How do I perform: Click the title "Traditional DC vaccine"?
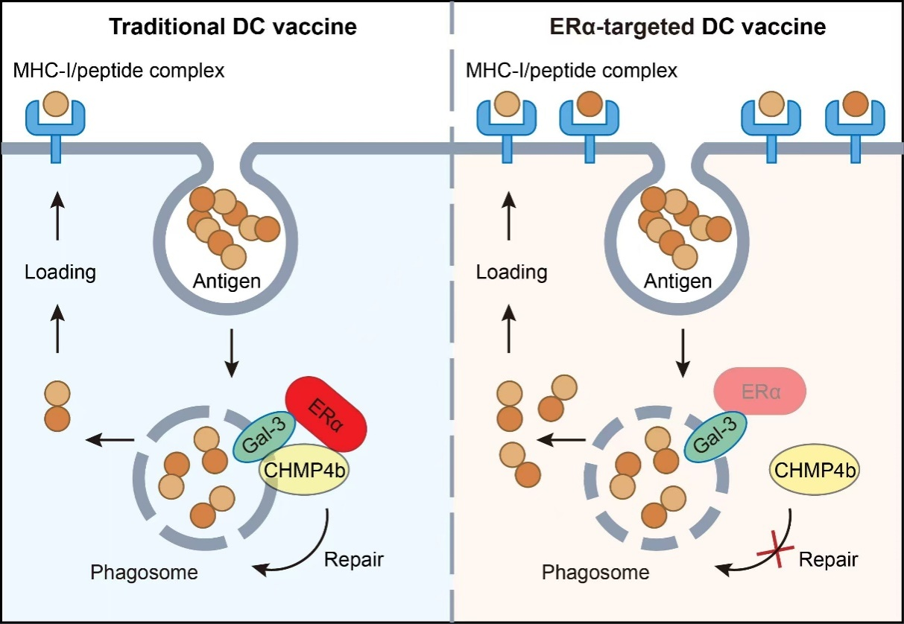pyautogui.click(x=233, y=27)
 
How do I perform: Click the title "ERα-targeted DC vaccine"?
pyautogui.click(x=688, y=27)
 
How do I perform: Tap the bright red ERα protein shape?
pyautogui.click(x=326, y=414)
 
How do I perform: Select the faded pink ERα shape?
pyautogui.click(x=760, y=391)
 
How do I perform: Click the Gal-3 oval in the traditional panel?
pyautogui.click(x=265, y=436)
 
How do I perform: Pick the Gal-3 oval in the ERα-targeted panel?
pyautogui.click(x=715, y=436)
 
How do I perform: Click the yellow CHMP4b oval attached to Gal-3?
pyautogui.click(x=304, y=470)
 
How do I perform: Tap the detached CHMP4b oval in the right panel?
pyautogui.click(x=815, y=470)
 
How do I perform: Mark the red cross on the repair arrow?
pyautogui.click(x=775, y=550)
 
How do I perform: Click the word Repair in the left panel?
pyautogui.click(x=353, y=559)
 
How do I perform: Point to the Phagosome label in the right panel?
pyautogui.click(x=595, y=573)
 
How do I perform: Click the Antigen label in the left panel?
pyautogui.click(x=227, y=281)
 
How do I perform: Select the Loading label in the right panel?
pyautogui.click(x=511, y=272)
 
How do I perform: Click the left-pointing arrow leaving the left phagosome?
pyautogui.click(x=110, y=440)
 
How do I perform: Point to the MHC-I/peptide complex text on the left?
pyautogui.click(x=118, y=71)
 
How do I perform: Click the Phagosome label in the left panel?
pyautogui.click(x=144, y=573)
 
